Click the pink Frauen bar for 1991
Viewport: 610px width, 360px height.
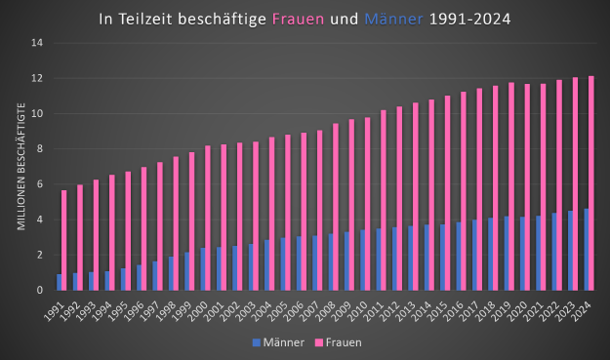click(x=64, y=240)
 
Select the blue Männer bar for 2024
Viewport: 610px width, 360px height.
click(x=587, y=250)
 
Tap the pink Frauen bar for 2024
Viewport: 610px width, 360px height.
click(x=591, y=183)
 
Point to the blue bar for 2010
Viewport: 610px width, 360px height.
click(x=362, y=260)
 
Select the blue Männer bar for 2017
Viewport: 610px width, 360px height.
click(x=474, y=255)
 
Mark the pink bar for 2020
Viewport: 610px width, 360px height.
click(x=527, y=187)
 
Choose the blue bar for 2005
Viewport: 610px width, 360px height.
click(x=283, y=264)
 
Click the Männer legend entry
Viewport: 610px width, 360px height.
click(x=278, y=342)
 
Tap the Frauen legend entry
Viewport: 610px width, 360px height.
click(x=338, y=342)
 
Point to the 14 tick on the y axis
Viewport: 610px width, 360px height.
click(x=37, y=43)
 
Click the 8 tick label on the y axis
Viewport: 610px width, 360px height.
click(x=40, y=149)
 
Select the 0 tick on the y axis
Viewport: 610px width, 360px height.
click(x=40, y=290)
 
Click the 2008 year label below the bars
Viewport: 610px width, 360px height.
click(x=325, y=312)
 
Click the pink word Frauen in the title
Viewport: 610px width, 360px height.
click(x=298, y=20)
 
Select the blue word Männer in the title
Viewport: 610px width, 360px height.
click(x=393, y=20)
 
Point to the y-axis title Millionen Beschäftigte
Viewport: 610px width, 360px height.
click(x=21, y=167)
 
